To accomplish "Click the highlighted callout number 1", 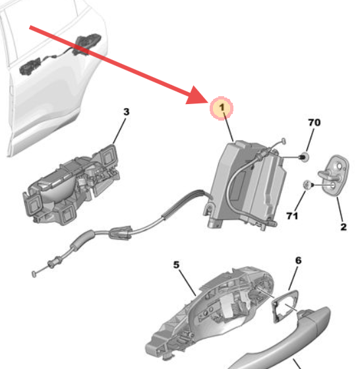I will tap(222, 106).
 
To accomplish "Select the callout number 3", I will tap(126, 112).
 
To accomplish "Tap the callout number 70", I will tap(315, 123).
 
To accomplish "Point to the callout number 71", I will tap(292, 215).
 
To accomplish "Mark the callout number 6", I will tap(298, 261).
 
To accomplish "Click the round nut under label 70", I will tap(304, 157).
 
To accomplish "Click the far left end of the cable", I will tap(34, 271).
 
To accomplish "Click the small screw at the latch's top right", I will tap(282, 140).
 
